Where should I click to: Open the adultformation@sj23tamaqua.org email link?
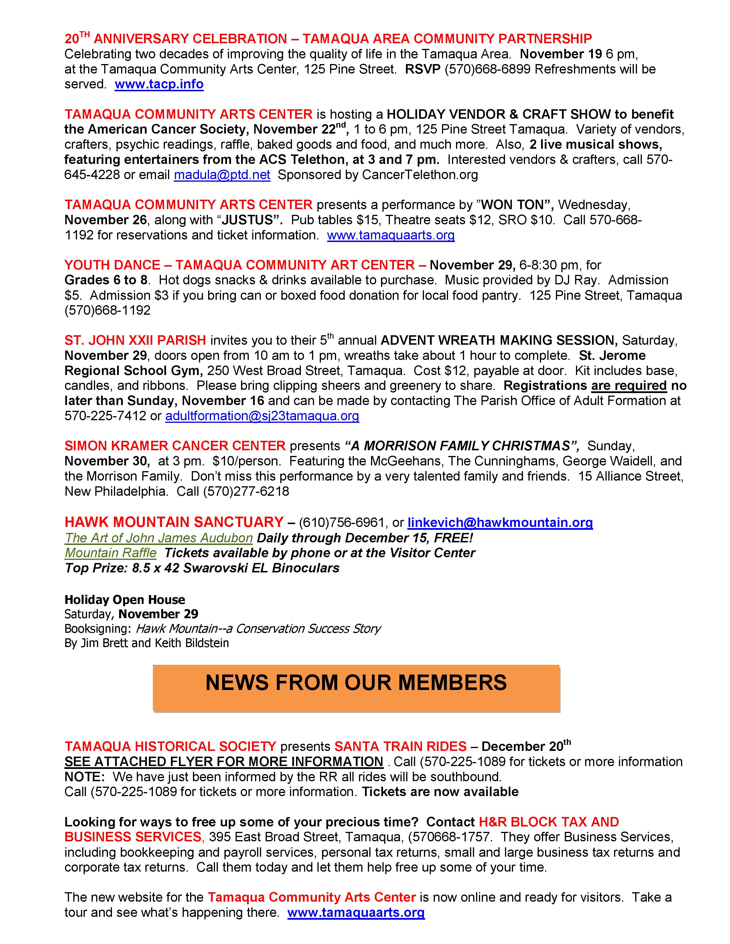pyautogui.click(x=262, y=416)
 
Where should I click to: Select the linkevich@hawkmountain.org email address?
pyautogui.click(x=500, y=523)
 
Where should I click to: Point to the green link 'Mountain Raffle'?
pyautogui.click(x=111, y=553)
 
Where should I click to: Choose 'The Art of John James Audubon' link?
pyautogui.click(x=159, y=538)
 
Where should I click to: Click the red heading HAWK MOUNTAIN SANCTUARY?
pyautogui.click(x=174, y=522)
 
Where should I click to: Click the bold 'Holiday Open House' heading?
pyautogui.click(x=125, y=600)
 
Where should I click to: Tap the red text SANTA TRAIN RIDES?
pyautogui.click(x=400, y=746)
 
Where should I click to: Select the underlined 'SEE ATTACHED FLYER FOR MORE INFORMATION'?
pyautogui.click(x=224, y=761)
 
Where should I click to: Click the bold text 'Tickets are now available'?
pyautogui.click(x=440, y=792)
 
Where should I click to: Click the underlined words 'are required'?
pyautogui.click(x=629, y=386)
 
